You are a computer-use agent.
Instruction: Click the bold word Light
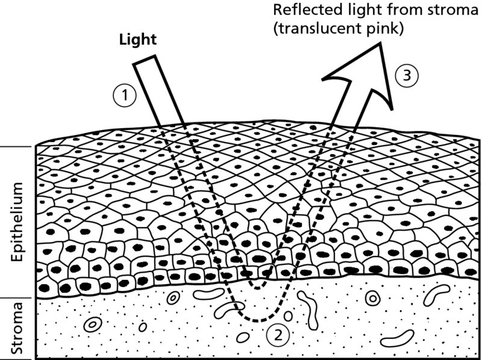coord(139,40)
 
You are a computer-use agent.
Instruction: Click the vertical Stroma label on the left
coord(18,329)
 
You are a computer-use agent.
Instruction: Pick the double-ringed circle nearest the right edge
coord(372,298)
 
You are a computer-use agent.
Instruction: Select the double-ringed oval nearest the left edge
coord(92,325)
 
